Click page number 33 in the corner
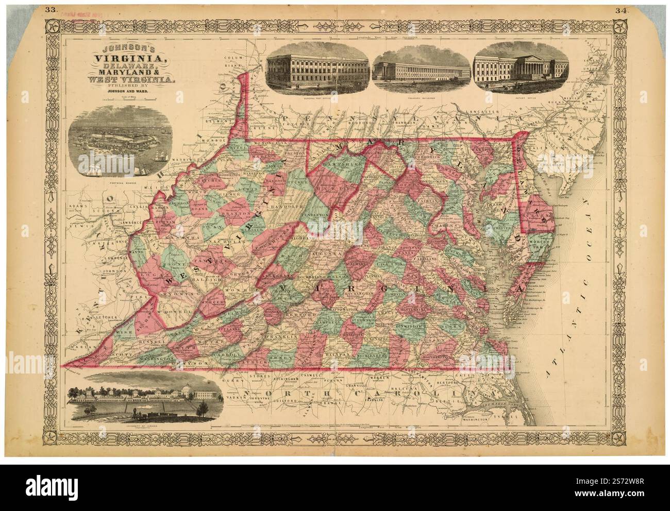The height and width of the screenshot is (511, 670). [x=50, y=9]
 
